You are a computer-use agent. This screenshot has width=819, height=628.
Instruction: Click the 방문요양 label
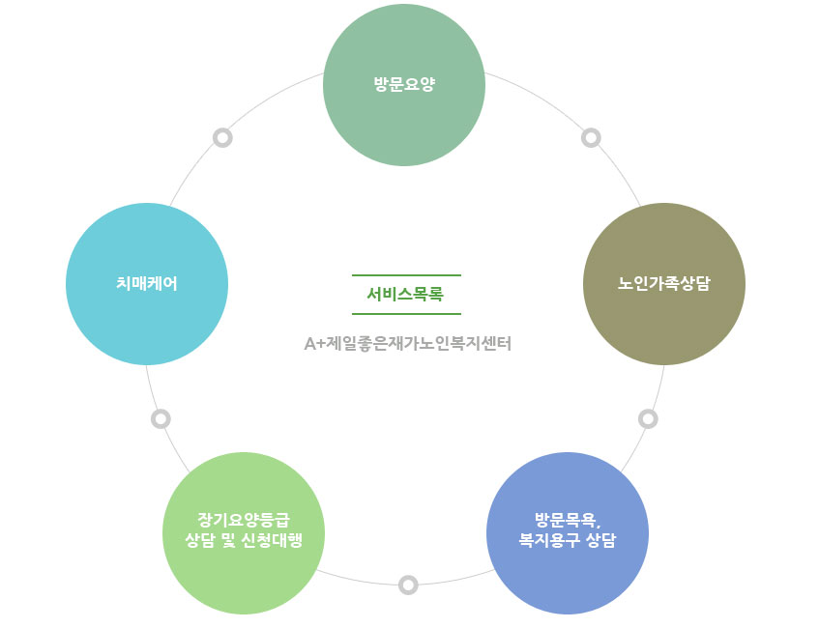pos(404,84)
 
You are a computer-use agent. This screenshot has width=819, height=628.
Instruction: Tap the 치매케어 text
pos(147,283)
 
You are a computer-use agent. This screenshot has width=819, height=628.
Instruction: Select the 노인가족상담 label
pos(664,283)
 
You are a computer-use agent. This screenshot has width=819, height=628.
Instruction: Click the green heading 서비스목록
pos(405,295)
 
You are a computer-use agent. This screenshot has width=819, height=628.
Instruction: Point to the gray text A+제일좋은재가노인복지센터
pos(407,344)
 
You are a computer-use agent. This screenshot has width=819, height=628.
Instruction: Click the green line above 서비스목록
pos(406,275)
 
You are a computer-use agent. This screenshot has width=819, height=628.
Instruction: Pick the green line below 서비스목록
pos(406,314)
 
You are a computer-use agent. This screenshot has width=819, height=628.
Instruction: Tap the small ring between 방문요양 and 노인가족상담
pos(591,138)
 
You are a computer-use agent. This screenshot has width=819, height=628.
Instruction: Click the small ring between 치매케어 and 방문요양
pos(222,138)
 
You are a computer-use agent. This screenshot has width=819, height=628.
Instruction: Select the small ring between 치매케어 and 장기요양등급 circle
pos(161,418)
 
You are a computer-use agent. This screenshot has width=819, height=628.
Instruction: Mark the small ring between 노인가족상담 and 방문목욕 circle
pos(648,418)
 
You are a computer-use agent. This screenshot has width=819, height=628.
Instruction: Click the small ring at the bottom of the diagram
pos(408,585)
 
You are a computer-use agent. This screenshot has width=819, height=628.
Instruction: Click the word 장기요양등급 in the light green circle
pos(244,520)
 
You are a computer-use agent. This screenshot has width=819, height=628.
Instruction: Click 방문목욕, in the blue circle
pos(568,520)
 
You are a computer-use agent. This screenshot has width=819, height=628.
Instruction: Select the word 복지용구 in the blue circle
pos(549,540)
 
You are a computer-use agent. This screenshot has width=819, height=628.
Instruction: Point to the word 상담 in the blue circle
pos(601,540)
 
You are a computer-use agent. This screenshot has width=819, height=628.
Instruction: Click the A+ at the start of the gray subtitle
pos(314,344)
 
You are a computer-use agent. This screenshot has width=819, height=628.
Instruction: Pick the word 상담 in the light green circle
pos(200,540)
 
